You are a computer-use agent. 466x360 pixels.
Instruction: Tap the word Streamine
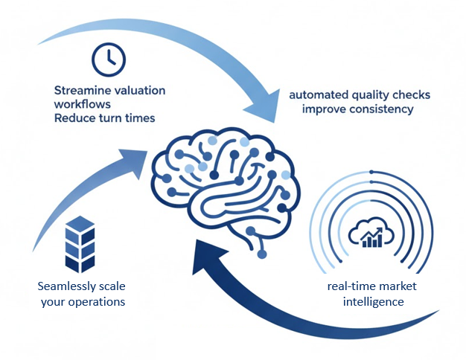(80, 90)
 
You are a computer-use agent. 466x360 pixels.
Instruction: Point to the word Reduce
(74, 118)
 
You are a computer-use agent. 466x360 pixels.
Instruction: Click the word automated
(317, 95)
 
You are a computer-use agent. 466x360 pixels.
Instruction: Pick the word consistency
(379, 109)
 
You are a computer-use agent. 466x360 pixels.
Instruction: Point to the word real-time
(352, 286)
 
